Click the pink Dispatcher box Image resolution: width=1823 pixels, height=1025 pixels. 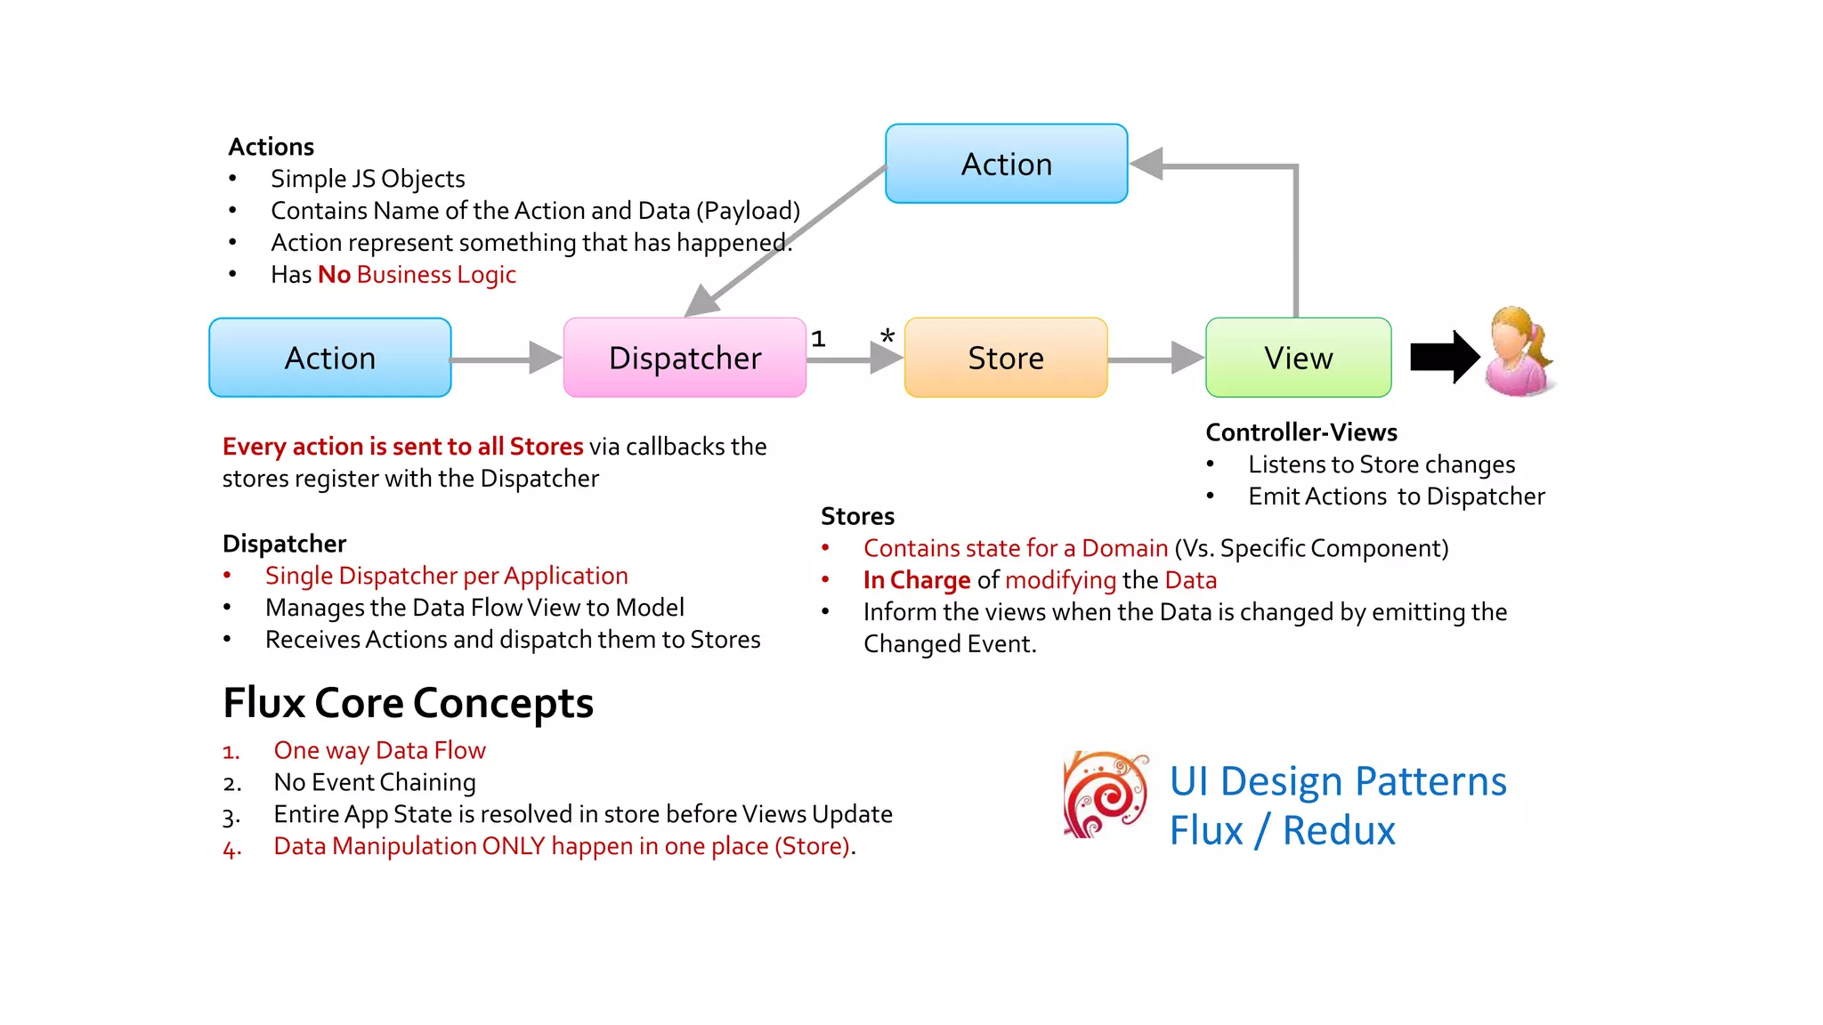click(685, 358)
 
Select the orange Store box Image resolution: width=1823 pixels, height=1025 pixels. click(1006, 358)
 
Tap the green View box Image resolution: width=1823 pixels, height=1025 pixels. click(1298, 358)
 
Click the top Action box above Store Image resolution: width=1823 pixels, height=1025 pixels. click(1006, 164)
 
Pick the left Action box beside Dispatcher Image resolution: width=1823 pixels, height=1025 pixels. click(330, 358)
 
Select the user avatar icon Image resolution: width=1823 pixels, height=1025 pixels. click(1519, 352)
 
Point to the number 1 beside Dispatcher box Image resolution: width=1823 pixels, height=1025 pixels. click(818, 339)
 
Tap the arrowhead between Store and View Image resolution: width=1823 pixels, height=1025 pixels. click(1187, 358)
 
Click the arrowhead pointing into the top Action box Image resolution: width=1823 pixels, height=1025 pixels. click(1146, 165)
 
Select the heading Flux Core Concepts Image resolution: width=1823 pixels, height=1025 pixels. click(408, 703)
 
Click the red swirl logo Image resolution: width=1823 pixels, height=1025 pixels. click(1106, 795)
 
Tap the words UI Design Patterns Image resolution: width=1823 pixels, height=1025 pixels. click(1337, 781)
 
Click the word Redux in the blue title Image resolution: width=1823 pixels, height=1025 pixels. click(1338, 831)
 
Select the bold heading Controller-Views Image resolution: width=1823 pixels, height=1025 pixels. click(1300, 432)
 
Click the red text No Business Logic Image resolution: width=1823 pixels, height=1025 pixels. click(417, 275)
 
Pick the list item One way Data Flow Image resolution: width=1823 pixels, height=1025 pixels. click(379, 750)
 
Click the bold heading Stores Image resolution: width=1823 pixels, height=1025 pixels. click(857, 516)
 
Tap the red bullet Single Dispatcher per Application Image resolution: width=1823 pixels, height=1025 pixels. click(446, 576)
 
